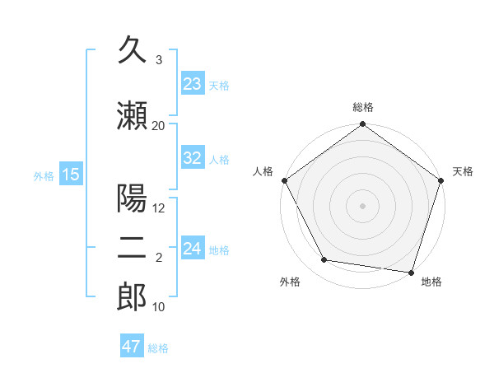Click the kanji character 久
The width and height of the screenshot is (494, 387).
pos(132,51)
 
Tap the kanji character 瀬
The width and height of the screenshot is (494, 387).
pos(132,116)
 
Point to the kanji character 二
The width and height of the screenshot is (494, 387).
pos(132,248)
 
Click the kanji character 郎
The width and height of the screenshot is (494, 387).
pos(132,297)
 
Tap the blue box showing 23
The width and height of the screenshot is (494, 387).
pos(193,83)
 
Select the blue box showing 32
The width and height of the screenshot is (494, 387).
pos(193,158)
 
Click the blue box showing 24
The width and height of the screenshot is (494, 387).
pos(193,248)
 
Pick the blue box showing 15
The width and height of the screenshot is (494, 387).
pos(71,174)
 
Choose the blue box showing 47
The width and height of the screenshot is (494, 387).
pos(132,347)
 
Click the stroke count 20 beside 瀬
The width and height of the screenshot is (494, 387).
pos(159,125)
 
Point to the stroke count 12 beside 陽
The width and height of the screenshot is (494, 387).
pos(159,208)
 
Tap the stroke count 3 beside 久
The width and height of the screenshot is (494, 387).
pos(159,60)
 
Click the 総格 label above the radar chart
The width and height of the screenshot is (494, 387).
pos(363,107)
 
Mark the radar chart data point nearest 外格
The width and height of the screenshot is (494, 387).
pos(324,260)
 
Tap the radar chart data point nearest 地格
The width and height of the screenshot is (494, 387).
pos(411,271)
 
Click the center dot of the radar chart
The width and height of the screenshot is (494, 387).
pos(363,205)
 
